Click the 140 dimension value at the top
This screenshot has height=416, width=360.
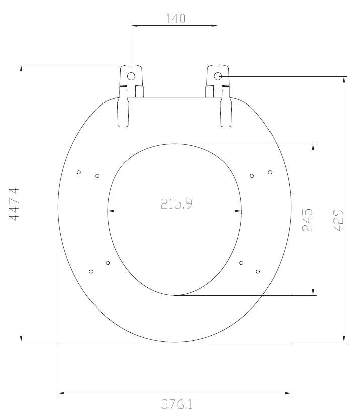pos(175,18)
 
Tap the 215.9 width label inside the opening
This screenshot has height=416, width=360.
pos(175,204)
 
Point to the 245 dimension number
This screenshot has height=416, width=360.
pos(307,220)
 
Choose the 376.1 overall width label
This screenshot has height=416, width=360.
pos(175,404)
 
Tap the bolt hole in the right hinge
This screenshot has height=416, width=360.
pos(218,76)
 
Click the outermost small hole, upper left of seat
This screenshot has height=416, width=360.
pos(79,172)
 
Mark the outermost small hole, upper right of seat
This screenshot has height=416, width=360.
pos(270,172)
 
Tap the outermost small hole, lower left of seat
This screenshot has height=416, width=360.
pos(91,272)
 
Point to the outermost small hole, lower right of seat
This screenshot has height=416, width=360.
pos(258,272)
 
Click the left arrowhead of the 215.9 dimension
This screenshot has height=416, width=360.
pos(111,211)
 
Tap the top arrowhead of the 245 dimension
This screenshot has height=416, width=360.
pos(314,147)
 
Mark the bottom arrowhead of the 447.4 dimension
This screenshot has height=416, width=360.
pos(21,338)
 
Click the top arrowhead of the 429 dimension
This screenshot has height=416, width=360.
pos(344,80)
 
